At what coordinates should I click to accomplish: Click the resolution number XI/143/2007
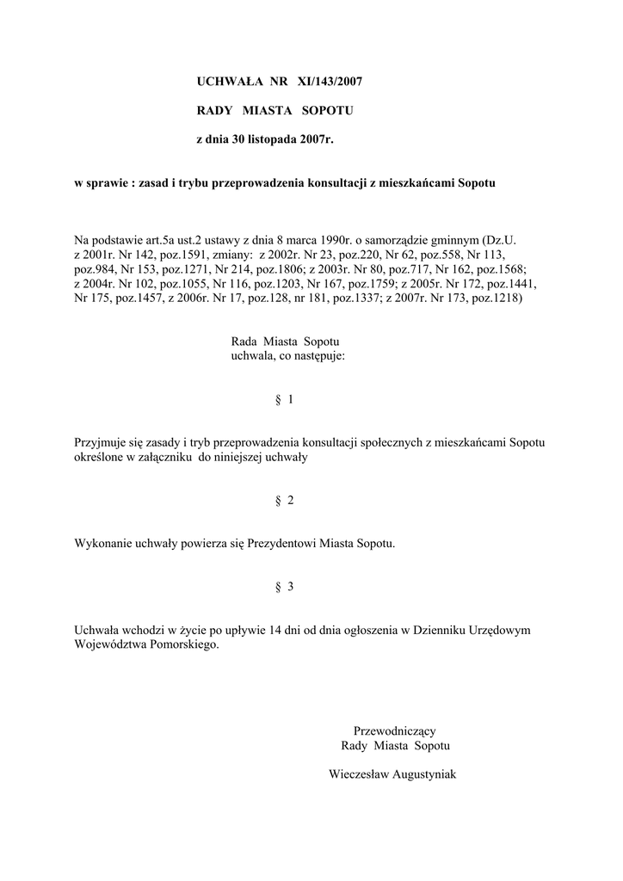[329, 82]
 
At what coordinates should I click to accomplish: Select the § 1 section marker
[284, 399]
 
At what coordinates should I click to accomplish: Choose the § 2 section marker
[284, 501]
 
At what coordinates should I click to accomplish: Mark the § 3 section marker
[284, 587]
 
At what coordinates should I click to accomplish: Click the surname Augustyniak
[423, 774]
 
